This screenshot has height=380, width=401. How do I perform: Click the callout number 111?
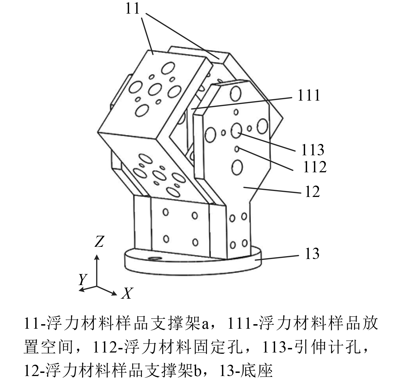pyautogui.click(x=308, y=95)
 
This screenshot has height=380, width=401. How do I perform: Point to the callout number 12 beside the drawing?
pyautogui.click(x=312, y=192)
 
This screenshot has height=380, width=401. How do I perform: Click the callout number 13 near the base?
pyautogui.click(x=312, y=253)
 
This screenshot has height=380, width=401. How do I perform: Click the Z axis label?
pyautogui.click(x=99, y=241)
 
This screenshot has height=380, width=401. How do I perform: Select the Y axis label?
pyautogui.click(x=82, y=280)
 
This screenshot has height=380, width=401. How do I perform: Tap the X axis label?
pyautogui.click(x=126, y=294)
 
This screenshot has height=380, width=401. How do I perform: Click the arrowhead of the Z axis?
pyautogui.click(x=97, y=257)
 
